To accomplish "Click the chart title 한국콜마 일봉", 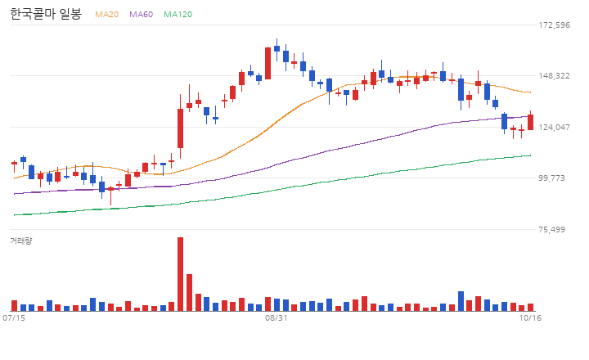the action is (46, 14).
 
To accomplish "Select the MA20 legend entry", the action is (106, 14).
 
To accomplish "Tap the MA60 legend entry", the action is (142, 14).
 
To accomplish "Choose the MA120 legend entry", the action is (178, 14).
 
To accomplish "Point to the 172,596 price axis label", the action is (554, 25).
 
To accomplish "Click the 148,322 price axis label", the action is (554, 76).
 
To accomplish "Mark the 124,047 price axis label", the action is (554, 128).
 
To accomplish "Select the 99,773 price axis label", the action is (552, 178).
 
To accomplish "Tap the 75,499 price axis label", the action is (552, 230).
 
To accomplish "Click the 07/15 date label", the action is (14, 318).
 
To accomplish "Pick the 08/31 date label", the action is (277, 318).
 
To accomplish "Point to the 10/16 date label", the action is (530, 318).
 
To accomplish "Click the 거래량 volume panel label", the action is (21, 241).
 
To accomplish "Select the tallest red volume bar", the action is (180, 274).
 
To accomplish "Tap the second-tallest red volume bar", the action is (189, 292).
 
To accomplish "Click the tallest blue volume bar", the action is (461, 301).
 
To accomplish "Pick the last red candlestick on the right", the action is (530, 122).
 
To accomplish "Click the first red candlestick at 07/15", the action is (14, 163).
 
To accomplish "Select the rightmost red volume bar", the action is (530, 308).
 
